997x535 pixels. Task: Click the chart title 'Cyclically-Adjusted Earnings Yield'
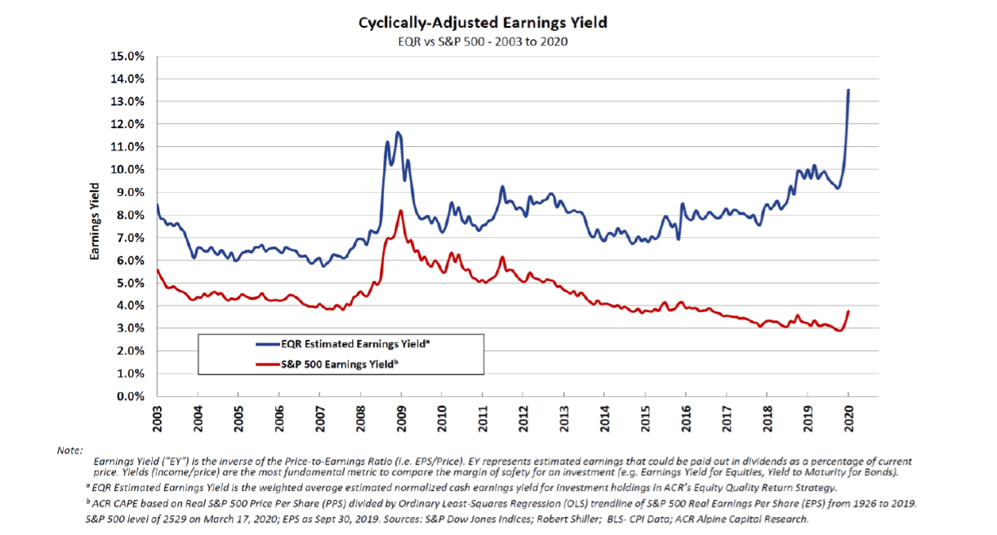pos(483,23)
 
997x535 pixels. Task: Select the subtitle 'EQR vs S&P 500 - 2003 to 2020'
pos(483,42)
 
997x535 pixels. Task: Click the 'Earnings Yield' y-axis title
pos(95,226)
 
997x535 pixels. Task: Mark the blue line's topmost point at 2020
pos(848,90)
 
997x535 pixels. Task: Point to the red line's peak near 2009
pos(401,211)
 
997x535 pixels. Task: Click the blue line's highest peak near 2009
pos(398,132)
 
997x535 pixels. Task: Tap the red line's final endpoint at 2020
pos(848,311)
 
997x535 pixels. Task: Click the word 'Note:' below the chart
pos(69,450)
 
